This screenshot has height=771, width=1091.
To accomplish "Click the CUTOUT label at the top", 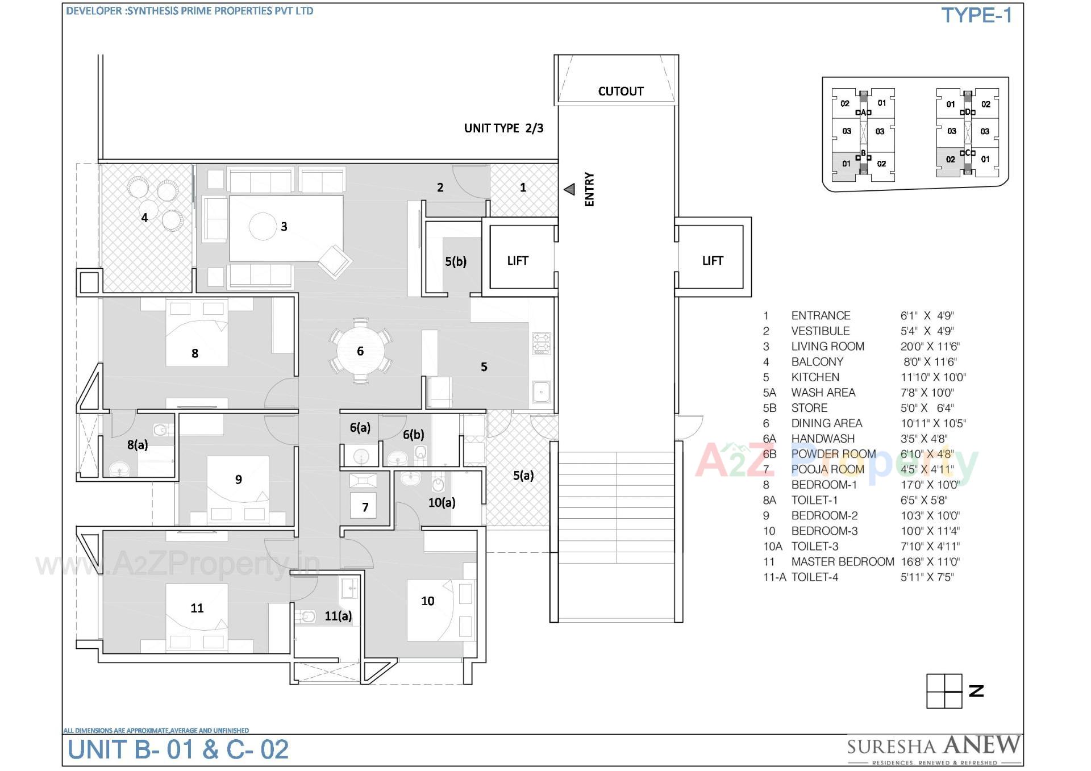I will pos(621,91).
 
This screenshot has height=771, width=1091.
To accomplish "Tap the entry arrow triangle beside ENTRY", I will pos(569,190).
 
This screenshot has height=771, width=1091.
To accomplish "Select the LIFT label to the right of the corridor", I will pos(712,261).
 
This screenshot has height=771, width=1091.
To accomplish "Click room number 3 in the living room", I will pos(284,227).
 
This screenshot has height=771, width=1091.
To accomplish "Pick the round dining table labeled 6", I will pos(360,351).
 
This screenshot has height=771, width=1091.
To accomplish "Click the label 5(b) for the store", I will pos(456,261).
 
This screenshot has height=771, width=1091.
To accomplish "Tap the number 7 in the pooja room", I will pos(365,507).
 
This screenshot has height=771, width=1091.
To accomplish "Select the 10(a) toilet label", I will pos(442,502).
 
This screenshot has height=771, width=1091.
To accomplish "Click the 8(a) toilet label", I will pos(138,445).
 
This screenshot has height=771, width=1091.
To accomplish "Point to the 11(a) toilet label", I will pos(338,616).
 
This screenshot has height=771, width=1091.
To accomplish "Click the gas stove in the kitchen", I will pos(542,344).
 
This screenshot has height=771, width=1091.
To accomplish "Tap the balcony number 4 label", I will pos(144,218).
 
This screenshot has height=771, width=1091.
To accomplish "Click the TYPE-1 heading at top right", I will pos(976,15).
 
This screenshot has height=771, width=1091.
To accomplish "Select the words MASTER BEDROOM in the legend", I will pos(843,562).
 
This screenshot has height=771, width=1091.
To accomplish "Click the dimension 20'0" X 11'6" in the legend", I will pos(930,347).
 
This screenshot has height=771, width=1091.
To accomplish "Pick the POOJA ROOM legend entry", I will pos(827,469).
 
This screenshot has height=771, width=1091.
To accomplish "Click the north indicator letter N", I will pos(976,691).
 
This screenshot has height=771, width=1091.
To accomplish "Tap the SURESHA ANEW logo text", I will pos(934,745).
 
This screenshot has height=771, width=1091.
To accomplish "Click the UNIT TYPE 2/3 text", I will pos(503,128).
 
